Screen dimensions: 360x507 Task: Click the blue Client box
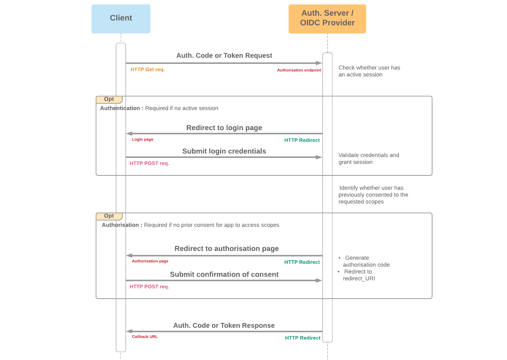pyautogui.click(x=121, y=19)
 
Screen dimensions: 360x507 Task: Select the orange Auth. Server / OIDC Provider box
pyautogui.click(x=327, y=19)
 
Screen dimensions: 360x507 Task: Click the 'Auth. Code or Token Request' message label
pyautogui.click(x=224, y=56)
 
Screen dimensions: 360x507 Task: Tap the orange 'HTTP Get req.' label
pyautogui.click(x=147, y=70)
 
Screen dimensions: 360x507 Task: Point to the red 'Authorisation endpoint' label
pyautogui.click(x=299, y=70)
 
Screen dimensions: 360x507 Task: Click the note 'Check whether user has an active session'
pyautogui.click(x=369, y=71)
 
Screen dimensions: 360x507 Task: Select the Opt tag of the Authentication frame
pyautogui.click(x=109, y=99)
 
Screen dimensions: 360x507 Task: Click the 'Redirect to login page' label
pyautogui.click(x=224, y=128)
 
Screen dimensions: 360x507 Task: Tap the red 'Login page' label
pyautogui.click(x=143, y=139)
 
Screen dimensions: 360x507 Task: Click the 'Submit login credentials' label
pyautogui.click(x=224, y=151)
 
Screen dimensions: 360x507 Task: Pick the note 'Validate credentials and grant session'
pyautogui.click(x=368, y=159)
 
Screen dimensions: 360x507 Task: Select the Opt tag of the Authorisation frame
pyautogui.click(x=109, y=216)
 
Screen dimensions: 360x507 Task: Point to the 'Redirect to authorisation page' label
pyautogui.click(x=226, y=249)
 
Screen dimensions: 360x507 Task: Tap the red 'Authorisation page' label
pyautogui.click(x=150, y=261)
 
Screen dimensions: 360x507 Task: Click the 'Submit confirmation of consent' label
pyautogui.click(x=224, y=274)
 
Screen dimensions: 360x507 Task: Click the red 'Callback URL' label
pyautogui.click(x=145, y=337)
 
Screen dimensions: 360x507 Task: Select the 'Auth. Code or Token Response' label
pyautogui.click(x=224, y=325)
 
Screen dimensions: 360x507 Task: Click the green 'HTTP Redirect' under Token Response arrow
pyautogui.click(x=302, y=338)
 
